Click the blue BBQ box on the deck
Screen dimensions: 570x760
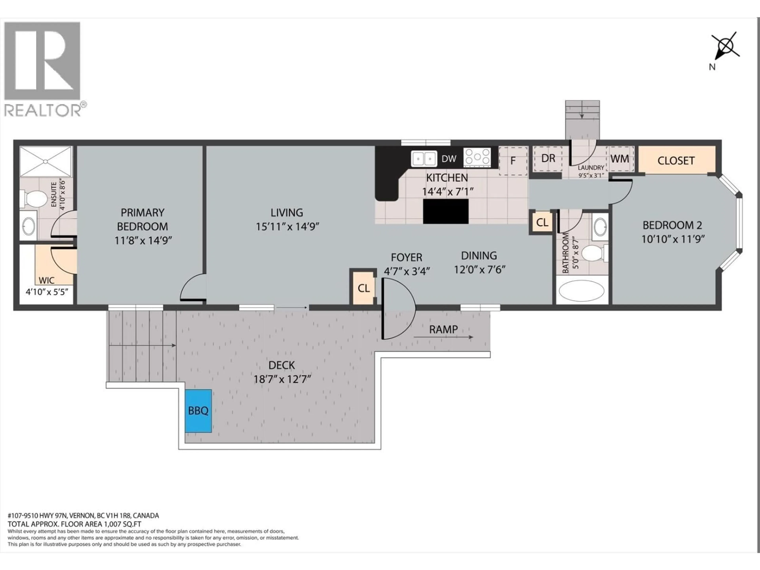(198, 411)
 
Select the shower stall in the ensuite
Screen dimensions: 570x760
(46, 161)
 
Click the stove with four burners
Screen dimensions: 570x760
(477, 158)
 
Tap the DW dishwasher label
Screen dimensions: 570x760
(449, 159)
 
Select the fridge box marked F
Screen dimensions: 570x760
(513, 161)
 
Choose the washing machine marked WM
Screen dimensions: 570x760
(620, 159)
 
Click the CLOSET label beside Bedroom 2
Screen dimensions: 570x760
(676, 161)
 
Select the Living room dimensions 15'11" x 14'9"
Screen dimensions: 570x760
(287, 227)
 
